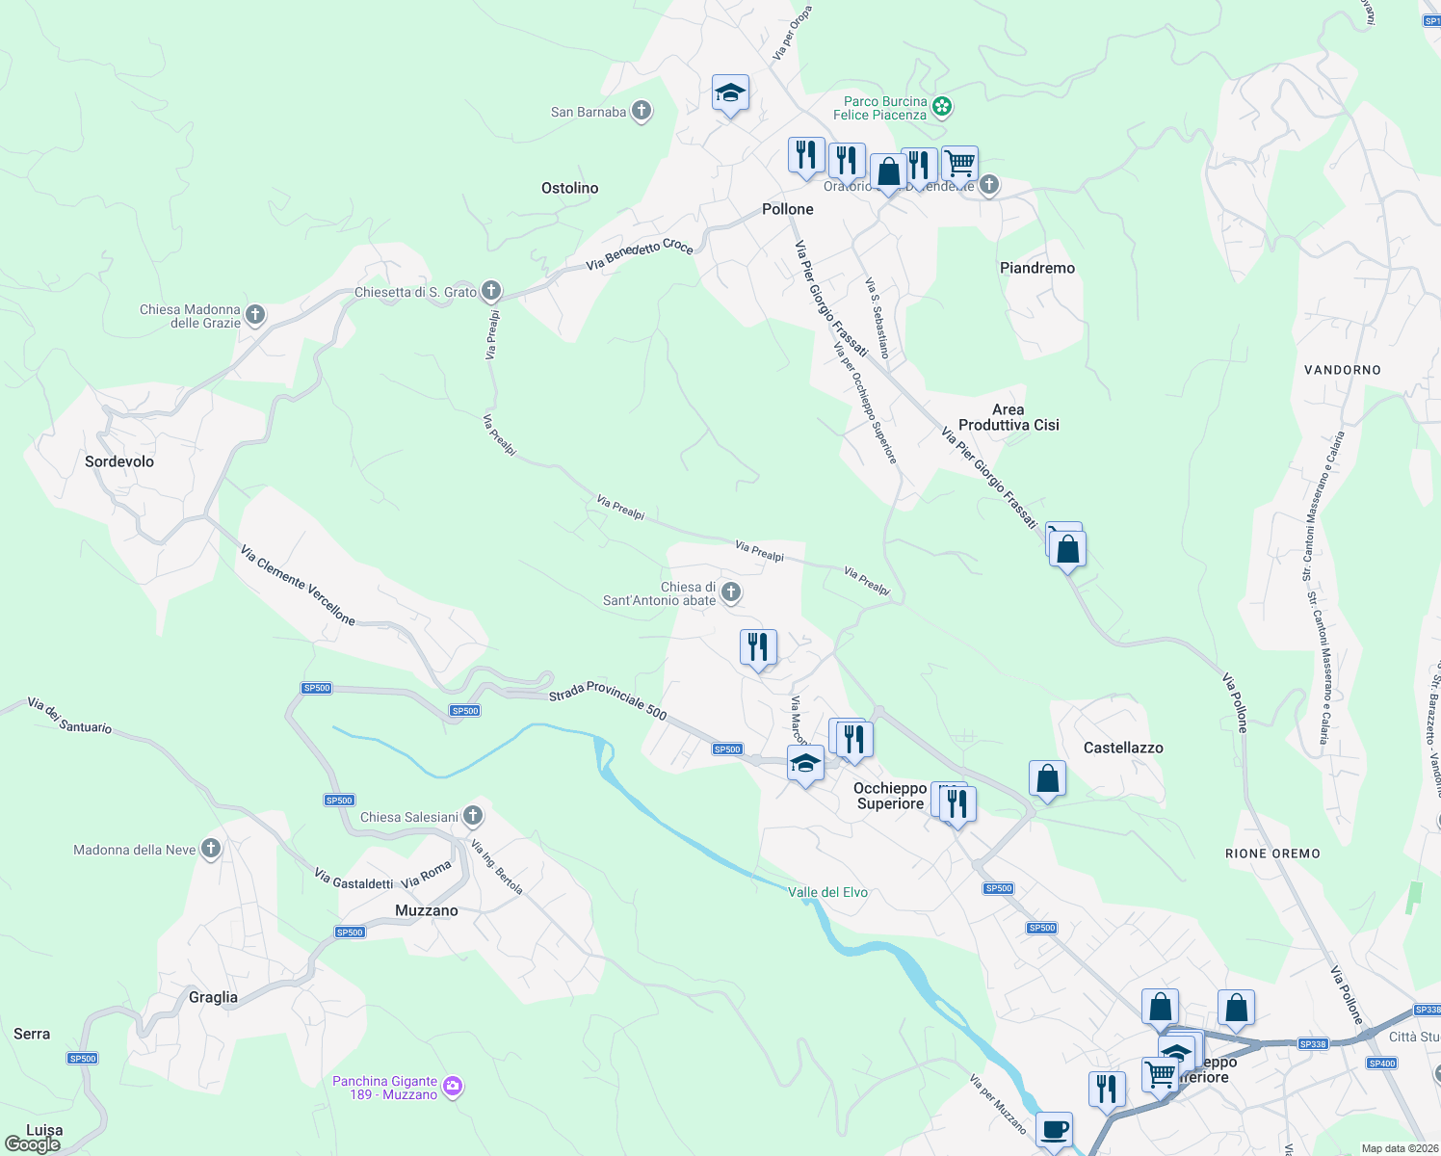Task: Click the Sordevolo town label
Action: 119,461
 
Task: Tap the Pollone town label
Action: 787,209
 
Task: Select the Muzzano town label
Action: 427,910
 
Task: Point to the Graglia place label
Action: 213,997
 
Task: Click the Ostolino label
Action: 569,188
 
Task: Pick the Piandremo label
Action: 1036,268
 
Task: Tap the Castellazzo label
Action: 1123,748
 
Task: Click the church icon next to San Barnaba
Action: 642,111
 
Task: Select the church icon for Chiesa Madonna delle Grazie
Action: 255,314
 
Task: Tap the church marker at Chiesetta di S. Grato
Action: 491,290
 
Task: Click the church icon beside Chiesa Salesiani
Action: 473,816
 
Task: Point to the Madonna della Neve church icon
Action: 212,849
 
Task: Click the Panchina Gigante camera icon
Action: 453,1087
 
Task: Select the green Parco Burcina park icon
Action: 942,107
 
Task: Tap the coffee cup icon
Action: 1054,1128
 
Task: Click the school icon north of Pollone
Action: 730,93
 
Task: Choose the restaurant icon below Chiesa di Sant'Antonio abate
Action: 758,647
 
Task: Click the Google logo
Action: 33,1144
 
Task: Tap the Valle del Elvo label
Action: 827,892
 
